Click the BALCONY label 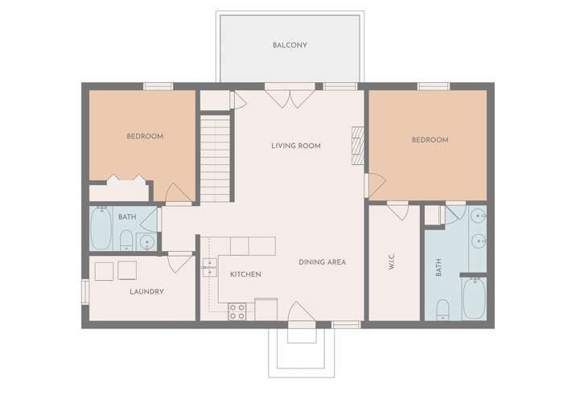290,45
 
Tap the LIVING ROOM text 296,146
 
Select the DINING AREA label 322,262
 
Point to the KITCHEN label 245,274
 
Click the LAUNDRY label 146,291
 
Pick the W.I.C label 392,262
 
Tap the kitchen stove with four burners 237,311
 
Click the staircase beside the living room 215,159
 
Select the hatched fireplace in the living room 358,146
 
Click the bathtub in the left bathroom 101,229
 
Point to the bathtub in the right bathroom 475,298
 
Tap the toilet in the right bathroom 443,310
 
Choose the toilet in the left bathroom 126,241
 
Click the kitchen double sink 209,267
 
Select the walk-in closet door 398,211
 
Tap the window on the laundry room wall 85,292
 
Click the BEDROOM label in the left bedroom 145,136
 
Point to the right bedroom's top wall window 434,86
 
